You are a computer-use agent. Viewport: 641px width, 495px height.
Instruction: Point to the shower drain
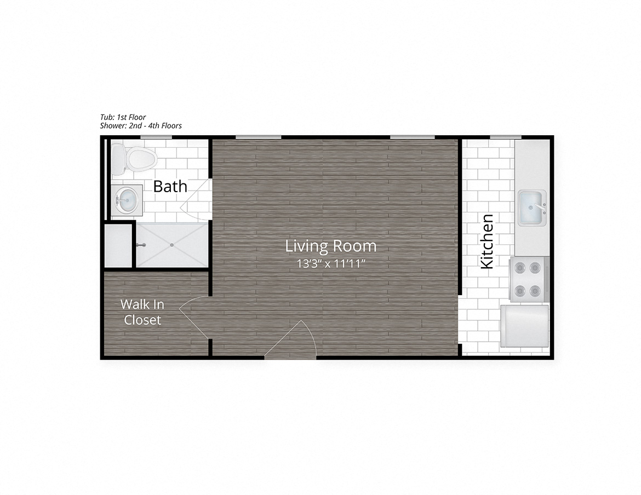pos(171,245)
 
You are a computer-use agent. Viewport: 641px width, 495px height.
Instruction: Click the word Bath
pos(170,186)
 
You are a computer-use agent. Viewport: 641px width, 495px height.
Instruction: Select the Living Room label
pos(330,246)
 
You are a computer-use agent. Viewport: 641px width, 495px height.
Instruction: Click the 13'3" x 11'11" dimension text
pos(330,263)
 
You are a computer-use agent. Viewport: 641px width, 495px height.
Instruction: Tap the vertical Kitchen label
pos(487,241)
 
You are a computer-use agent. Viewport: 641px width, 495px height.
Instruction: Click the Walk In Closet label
pos(142,312)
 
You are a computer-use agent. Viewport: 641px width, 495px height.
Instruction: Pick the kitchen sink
pos(531,208)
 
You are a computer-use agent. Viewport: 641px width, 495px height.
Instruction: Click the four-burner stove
pos(529,279)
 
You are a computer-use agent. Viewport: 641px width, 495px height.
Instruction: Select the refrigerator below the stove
pos(524,326)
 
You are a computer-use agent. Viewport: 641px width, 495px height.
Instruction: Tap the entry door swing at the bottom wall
pos(293,342)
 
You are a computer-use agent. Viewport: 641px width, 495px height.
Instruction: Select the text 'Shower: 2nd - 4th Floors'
pos(141,125)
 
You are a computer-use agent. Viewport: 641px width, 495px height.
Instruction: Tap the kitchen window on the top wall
pos(505,137)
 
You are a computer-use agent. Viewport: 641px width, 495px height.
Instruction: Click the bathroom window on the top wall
pos(153,137)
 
